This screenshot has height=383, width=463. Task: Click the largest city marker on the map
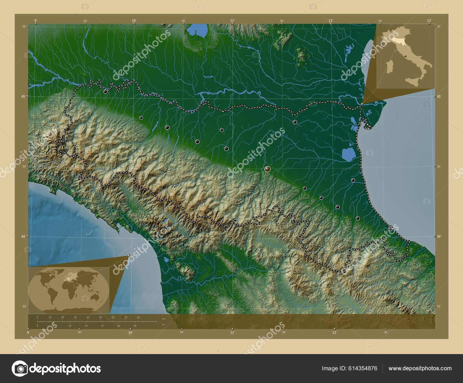[x=267, y=169]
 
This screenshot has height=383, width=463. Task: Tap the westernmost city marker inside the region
[x=105, y=91]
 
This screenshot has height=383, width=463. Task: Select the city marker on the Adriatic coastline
[x=390, y=229]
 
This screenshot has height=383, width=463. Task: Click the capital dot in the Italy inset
[x=406, y=56]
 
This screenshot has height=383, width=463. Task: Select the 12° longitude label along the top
[x=331, y=21]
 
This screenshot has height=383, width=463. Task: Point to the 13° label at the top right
[x=429, y=21]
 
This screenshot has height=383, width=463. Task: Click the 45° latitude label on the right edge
[x=439, y=96]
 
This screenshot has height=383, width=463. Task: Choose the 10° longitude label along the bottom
[x=130, y=332]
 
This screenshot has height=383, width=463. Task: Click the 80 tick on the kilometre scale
[x=138, y=317]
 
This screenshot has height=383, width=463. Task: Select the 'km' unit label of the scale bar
[x=164, y=319]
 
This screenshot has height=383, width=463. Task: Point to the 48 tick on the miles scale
[x=135, y=326]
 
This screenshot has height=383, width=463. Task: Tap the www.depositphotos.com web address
[x=420, y=368]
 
